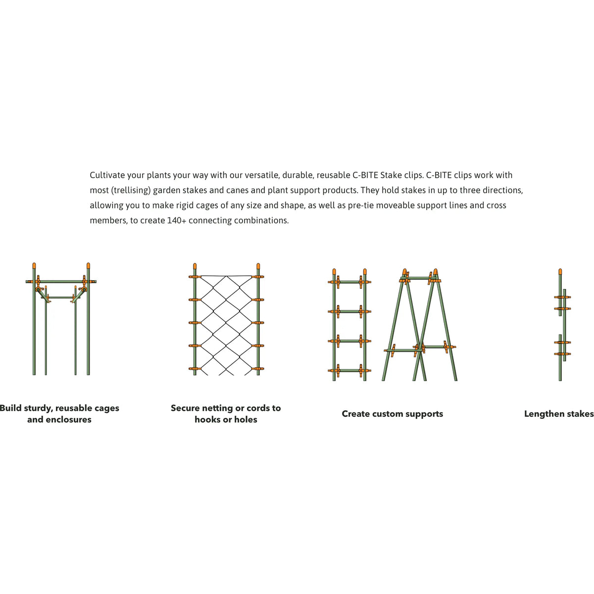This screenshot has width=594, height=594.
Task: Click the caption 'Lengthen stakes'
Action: pyautogui.click(x=559, y=414)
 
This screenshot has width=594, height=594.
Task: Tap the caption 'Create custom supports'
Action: pyautogui.click(x=392, y=414)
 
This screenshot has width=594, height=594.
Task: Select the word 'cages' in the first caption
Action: pyautogui.click(x=106, y=408)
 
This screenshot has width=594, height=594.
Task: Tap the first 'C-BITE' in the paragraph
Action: pyautogui.click(x=365, y=175)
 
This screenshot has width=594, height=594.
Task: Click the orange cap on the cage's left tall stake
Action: pyautogui.click(x=34, y=266)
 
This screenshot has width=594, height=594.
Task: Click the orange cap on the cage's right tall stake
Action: pyautogui.click(x=88, y=266)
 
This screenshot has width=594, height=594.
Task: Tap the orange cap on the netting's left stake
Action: pyautogui.click(x=195, y=266)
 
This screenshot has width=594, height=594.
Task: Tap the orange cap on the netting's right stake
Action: pyautogui.click(x=258, y=266)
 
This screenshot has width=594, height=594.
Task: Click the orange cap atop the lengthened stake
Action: pyautogui.click(x=560, y=272)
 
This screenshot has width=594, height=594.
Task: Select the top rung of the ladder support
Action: pyautogui.click(x=349, y=282)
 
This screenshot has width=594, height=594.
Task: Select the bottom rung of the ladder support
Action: pyautogui.click(x=349, y=371)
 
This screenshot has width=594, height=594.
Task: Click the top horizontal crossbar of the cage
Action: pyautogui.click(x=61, y=282)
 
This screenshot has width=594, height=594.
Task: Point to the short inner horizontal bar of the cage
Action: pyautogui.click(x=61, y=297)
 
